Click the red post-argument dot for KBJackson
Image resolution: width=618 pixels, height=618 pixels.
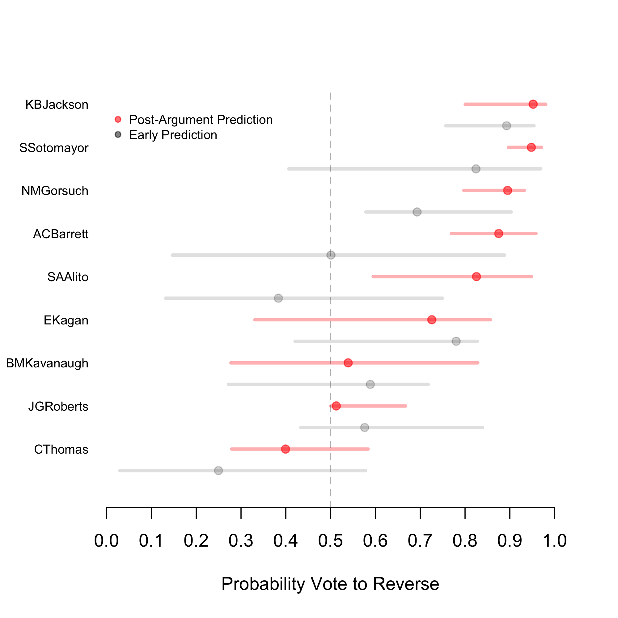[533, 104]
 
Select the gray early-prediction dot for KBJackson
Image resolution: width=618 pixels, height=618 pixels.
[506, 126]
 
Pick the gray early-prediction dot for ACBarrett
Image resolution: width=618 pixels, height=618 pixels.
[331, 255]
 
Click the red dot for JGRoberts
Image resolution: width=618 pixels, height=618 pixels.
[336, 406]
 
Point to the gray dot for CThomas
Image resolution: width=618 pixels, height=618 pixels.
[218, 471]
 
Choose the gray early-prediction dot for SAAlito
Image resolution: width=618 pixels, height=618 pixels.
[279, 298]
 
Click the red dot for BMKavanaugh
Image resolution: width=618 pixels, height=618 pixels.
[348, 363]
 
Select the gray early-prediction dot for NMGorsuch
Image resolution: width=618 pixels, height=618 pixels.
[417, 212]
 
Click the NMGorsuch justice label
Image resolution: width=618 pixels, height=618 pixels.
[55, 191]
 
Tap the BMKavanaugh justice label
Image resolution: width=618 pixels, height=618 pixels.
[47, 363]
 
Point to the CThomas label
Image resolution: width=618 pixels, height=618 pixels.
[61, 449]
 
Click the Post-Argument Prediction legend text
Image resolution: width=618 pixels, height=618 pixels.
[201, 120]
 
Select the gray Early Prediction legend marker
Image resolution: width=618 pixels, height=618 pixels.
[118, 135]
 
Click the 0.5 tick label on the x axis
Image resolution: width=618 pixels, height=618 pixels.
[330, 540]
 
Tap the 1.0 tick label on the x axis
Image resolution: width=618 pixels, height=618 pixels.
[555, 540]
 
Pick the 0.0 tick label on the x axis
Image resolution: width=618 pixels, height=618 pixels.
[107, 540]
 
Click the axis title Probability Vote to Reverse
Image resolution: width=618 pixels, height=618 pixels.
[330, 584]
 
